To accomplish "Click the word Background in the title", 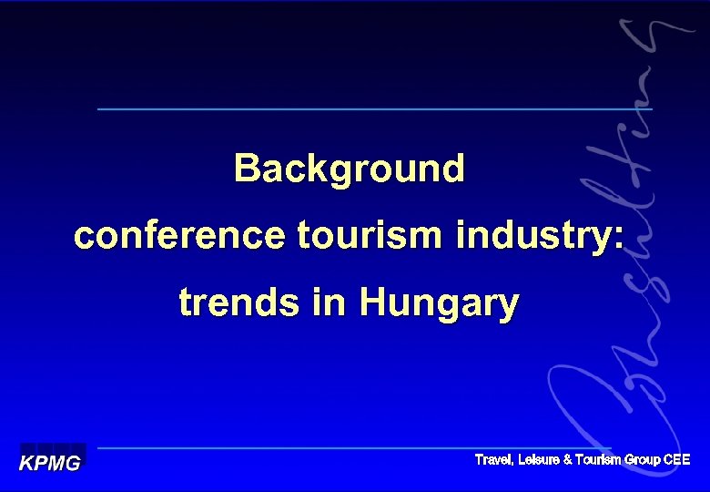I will (x=349, y=169).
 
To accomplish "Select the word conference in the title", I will (x=179, y=236).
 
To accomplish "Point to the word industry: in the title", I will (x=540, y=236).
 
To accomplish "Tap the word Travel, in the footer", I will (x=494, y=460).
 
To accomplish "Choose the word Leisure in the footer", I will (x=539, y=460).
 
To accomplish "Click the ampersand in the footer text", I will (x=568, y=460).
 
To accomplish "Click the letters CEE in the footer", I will (x=677, y=460).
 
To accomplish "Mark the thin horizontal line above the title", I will (x=374, y=109).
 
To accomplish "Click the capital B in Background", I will (x=246, y=169).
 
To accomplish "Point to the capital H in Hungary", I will (x=374, y=302).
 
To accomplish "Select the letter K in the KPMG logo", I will (x=27, y=462).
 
